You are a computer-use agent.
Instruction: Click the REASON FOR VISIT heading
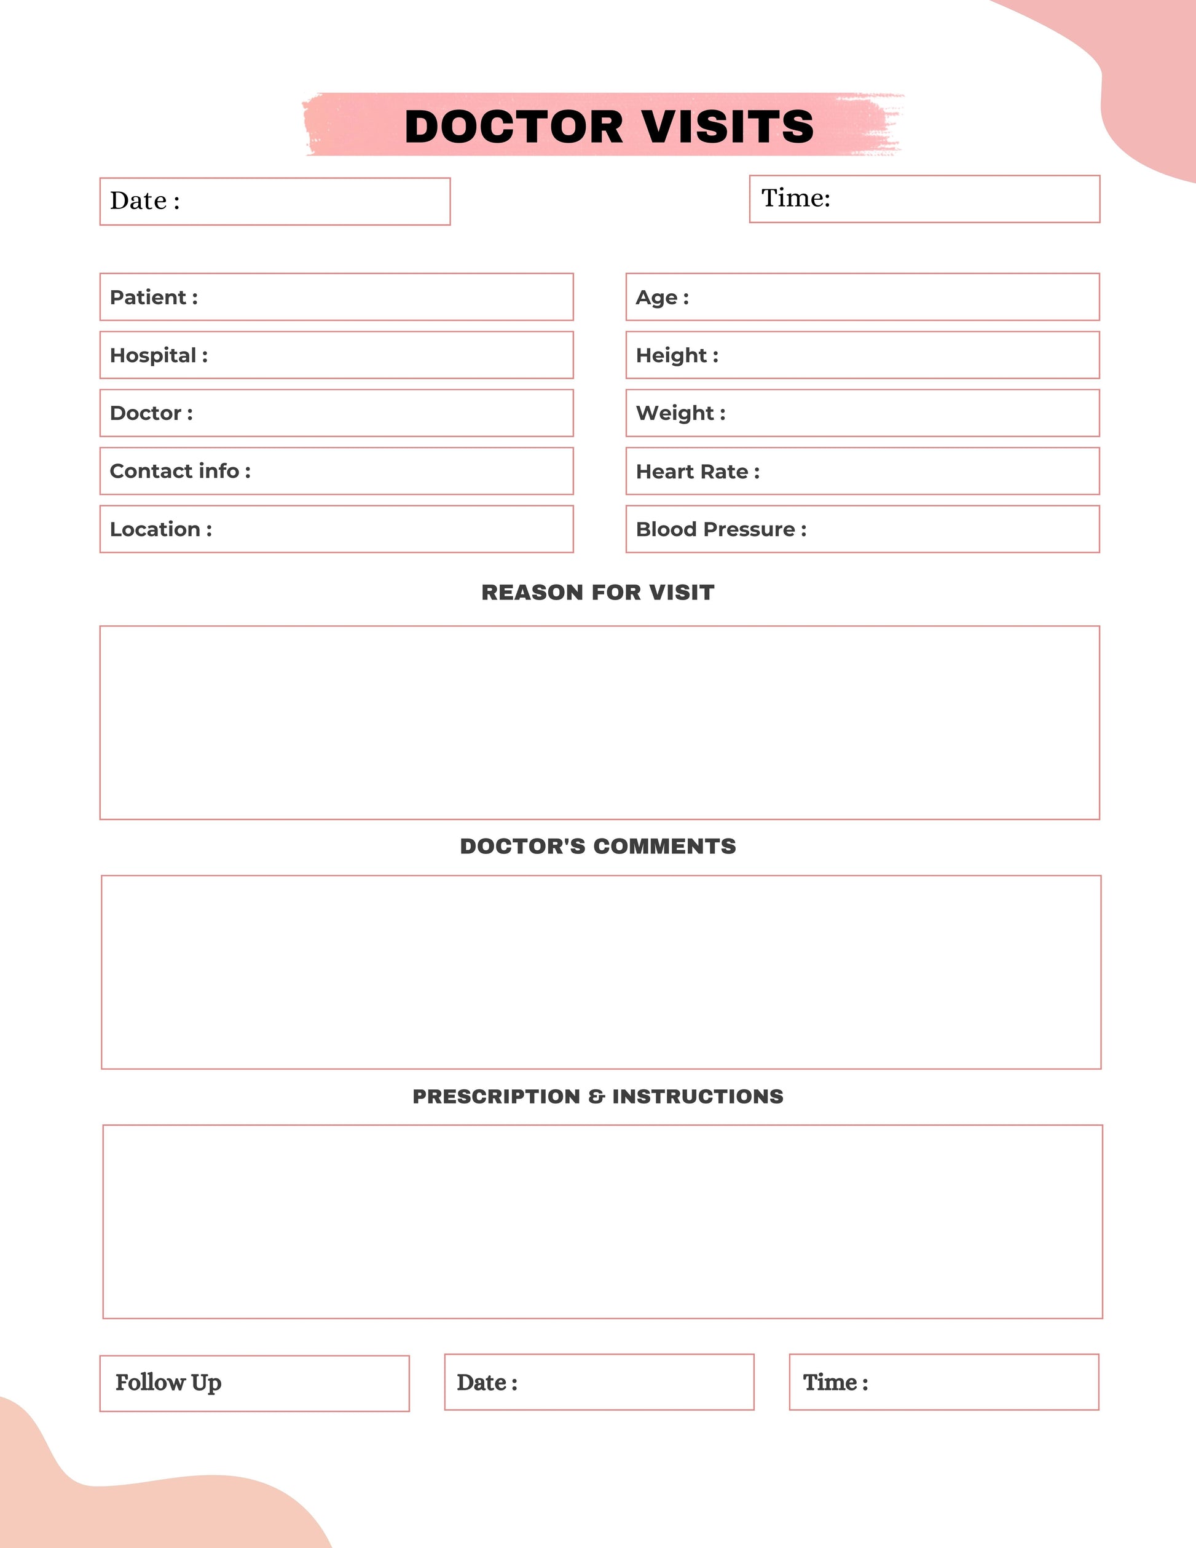[598, 593]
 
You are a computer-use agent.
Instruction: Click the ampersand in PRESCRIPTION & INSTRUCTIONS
[596, 1097]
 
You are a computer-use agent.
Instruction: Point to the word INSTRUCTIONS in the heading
[698, 1097]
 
